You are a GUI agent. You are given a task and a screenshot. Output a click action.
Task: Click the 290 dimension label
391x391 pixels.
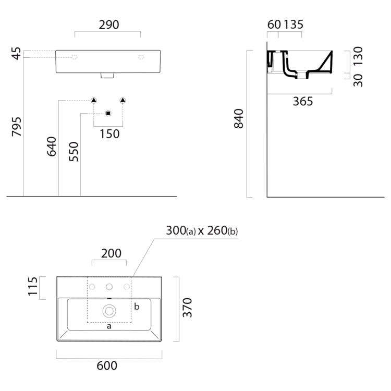tap(109, 25)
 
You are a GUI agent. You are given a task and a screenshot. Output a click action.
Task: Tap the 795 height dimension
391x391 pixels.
tap(17, 127)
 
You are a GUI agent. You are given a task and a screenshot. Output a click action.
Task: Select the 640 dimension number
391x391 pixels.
tap(52, 146)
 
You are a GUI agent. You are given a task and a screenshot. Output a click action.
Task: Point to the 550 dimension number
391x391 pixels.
tap(74, 152)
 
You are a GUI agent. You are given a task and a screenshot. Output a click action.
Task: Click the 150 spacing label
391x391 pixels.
tap(109, 134)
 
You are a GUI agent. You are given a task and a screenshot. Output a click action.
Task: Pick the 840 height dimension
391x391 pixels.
tap(239, 118)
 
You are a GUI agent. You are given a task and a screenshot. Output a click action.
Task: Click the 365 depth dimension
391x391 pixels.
tap(303, 102)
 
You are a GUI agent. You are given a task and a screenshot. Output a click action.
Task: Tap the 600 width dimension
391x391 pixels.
tap(107, 365)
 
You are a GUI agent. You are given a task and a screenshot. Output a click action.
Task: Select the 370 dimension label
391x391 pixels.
tap(187, 308)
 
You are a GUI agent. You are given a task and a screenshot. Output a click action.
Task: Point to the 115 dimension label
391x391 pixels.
tap(33, 286)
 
